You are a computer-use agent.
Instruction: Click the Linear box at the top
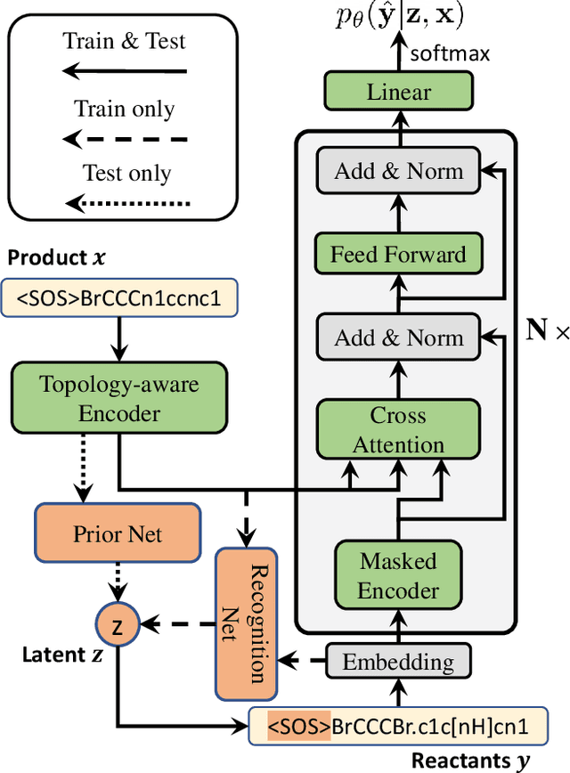398,92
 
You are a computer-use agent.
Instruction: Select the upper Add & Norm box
398,171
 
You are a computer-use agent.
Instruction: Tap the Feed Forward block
398,255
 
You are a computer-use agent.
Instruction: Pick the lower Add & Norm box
398,338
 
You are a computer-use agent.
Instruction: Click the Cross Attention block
398,430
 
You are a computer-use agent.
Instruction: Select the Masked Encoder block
398,576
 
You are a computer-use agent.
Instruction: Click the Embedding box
398,663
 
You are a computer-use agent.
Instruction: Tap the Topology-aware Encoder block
119,399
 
